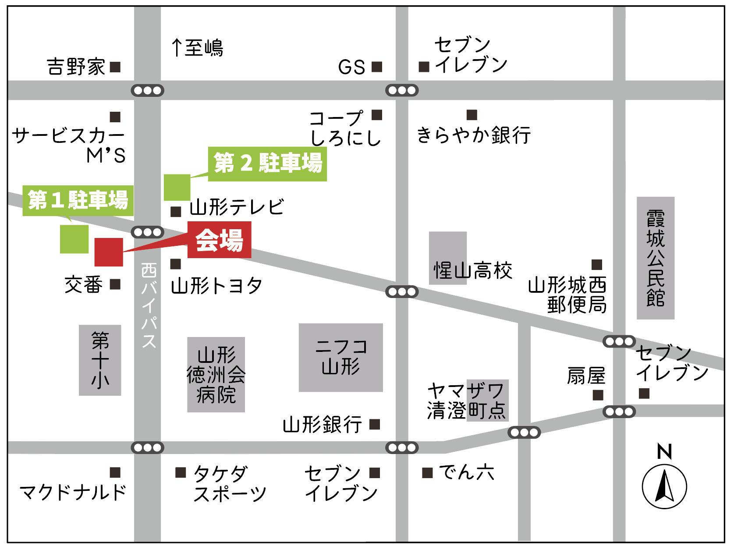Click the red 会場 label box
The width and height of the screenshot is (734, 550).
pyautogui.click(x=219, y=240)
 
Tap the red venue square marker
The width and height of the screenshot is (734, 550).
pyautogui.click(x=109, y=252)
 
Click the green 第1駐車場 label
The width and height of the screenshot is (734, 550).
pyautogui.click(x=78, y=200)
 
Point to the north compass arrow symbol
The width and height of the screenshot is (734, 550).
pyautogui.click(x=664, y=486)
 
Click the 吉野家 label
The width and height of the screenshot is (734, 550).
pyautogui.click(x=76, y=67)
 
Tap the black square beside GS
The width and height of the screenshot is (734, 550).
pyautogui.click(x=377, y=67)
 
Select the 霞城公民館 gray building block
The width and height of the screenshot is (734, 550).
pyautogui.click(x=655, y=258)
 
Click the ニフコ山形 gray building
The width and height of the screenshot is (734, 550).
pyautogui.click(x=340, y=357)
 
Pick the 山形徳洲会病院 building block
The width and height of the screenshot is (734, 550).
pyautogui.click(x=216, y=375)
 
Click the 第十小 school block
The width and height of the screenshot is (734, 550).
pyautogui.click(x=100, y=360)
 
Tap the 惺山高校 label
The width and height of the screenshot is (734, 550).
pyautogui.click(x=473, y=270)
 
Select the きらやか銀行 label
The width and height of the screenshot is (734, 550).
pyautogui.click(x=473, y=135)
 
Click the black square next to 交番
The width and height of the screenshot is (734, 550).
pyautogui.click(x=115, y=284)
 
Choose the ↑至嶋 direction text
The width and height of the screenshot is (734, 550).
pyautogui.click(x=198, y=48)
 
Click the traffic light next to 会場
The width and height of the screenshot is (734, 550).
pyautogui.click(x=148, y=232)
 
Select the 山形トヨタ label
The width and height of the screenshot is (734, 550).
pyautogui.click(x=216, y=286)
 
